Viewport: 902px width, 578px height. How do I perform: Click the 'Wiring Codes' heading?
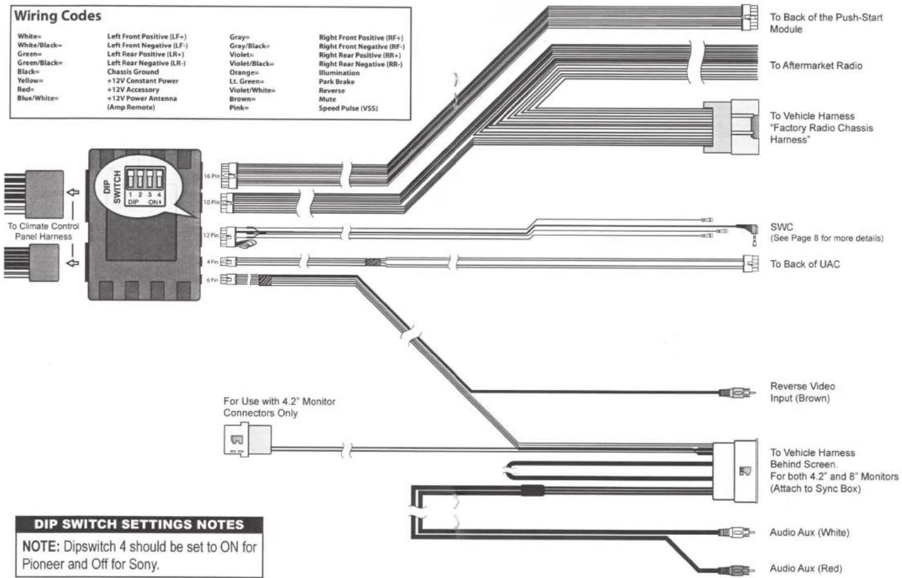point(58,16)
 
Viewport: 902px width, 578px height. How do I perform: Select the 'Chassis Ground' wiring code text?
point(133,72)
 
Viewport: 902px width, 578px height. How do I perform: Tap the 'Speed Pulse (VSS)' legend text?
point(348,108)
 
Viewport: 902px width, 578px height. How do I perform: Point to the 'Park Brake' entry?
point(337,82)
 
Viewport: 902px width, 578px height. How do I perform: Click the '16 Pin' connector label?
point(212,176)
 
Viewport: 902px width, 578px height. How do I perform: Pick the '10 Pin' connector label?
point(211,202)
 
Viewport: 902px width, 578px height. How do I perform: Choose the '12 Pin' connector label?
point(211,235)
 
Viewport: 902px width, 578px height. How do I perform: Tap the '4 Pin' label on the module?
point(212,262)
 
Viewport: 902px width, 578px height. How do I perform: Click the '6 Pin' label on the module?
point(212,280)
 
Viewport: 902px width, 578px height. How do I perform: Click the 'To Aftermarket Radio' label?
point(816,66)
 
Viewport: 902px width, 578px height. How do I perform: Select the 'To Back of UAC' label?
point(805,264)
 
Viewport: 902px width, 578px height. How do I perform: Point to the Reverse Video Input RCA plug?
point(737,392)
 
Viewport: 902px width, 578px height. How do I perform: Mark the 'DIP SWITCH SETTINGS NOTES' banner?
point(139,525)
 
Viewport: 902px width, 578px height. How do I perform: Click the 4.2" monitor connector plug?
point(247,439)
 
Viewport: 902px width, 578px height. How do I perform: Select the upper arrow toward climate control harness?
point(73,192)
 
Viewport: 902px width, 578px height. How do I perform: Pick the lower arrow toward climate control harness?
point(73,263)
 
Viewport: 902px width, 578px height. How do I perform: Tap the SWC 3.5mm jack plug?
point(750,232)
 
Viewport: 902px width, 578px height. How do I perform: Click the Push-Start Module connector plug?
point(750,18)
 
